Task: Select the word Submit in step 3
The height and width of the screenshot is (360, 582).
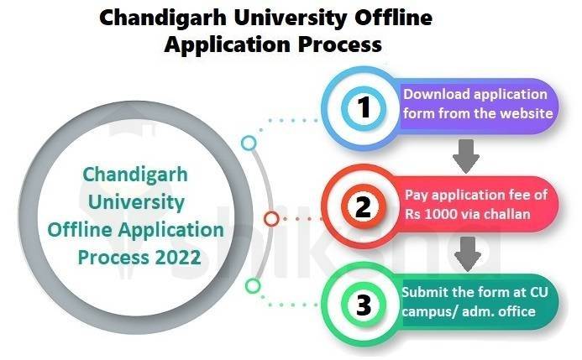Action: point(424,293)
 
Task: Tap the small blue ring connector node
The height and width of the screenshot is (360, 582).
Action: point(249,143)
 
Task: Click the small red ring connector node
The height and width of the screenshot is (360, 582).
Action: point(271,219)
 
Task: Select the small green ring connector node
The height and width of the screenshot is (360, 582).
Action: point(252,286)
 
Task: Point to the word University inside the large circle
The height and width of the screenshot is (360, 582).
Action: point(136,202)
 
